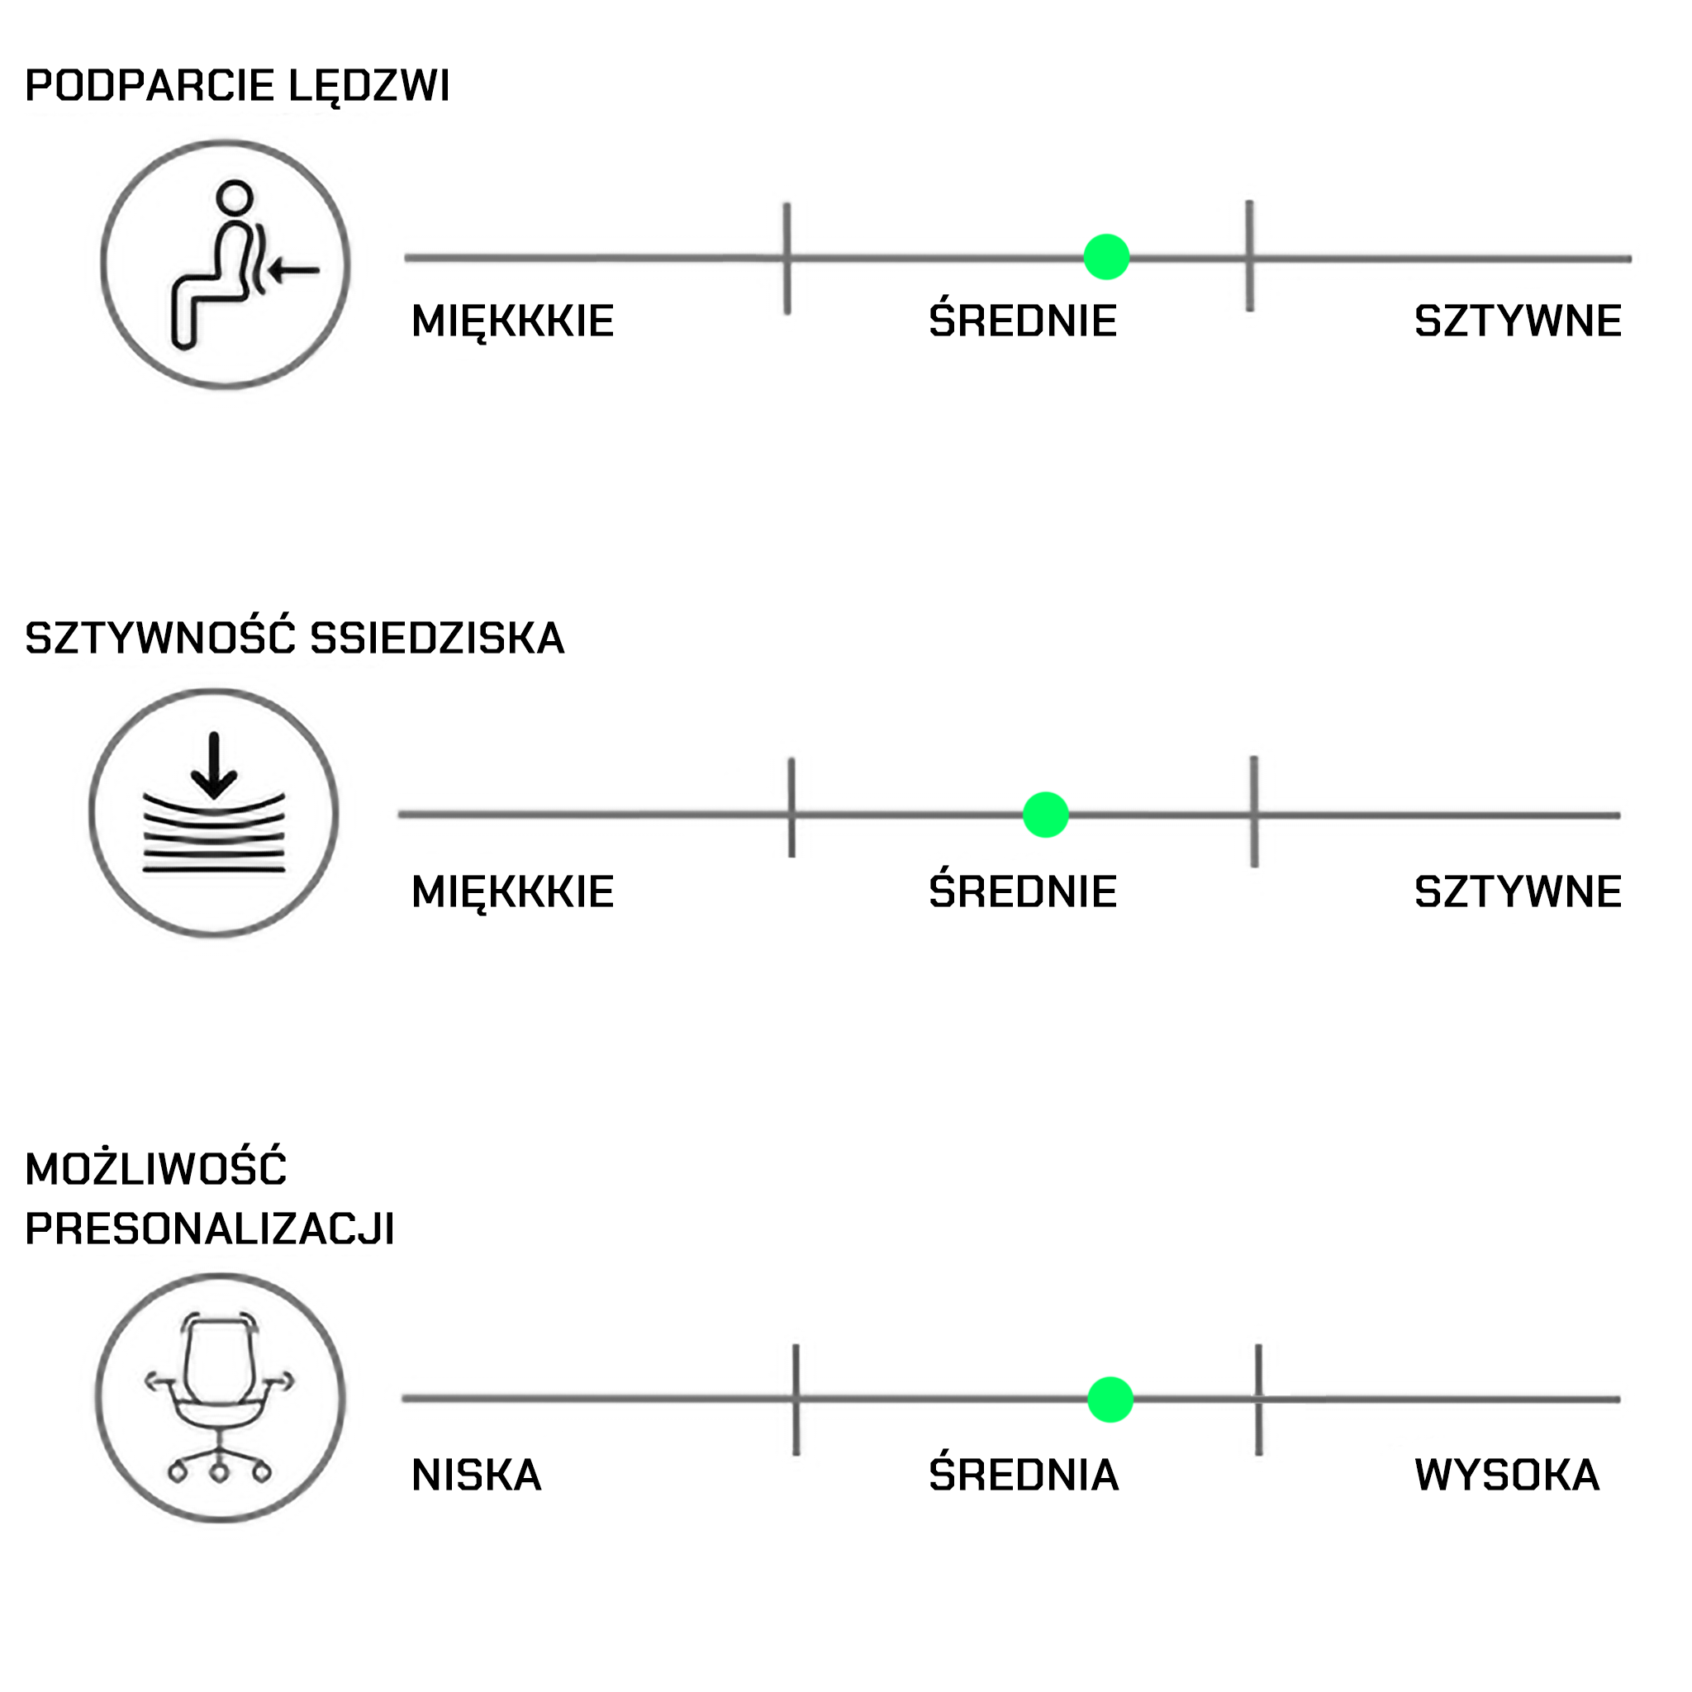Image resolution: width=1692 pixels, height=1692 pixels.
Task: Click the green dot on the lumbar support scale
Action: click(1106, 257)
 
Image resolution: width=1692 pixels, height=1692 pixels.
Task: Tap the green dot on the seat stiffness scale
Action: click(1046, 815)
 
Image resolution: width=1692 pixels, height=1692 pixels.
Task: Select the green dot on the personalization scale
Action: click(1110, 1399)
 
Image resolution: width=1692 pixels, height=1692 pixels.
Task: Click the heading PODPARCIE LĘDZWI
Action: click(237, 86)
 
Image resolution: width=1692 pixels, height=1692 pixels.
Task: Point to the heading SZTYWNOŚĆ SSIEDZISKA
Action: click(294, 638)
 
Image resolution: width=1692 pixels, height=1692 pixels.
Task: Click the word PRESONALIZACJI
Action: click(209, 1229)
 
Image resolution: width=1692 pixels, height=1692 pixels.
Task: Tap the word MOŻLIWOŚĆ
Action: click(156, 1168)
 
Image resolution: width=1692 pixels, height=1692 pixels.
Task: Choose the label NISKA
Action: click(477, 1475)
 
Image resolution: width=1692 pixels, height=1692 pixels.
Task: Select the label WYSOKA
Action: click(1506, 1475)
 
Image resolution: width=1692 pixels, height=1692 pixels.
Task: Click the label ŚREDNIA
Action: click(1023, 1475)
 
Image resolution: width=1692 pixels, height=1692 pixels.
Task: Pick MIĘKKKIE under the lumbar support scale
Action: click(512, 321)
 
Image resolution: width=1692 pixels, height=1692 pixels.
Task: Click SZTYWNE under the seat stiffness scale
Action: click(1518, 891)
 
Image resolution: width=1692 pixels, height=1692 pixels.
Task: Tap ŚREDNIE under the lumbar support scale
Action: click(1022, 321)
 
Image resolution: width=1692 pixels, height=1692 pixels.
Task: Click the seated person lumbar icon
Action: click(225, 263)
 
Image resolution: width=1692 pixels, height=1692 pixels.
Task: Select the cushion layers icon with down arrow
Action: click(214, 813)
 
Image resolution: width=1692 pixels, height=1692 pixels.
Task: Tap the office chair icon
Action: click(220, 1398)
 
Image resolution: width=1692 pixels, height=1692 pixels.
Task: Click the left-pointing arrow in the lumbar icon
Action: click(293, 271)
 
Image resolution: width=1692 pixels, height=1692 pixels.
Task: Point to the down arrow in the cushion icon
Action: click(214, 767)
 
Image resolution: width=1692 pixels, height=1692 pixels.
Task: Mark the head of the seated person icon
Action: click(235, 197)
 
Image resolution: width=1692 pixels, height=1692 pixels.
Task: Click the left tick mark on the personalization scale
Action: click(796, 1400)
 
